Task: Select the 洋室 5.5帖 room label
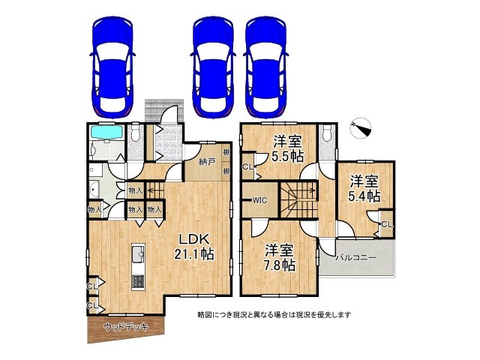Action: click(287, 148)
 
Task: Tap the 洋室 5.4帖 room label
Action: click(364, 188)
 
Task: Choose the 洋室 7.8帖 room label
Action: click(278, 258)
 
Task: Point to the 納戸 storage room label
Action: click(208, 161)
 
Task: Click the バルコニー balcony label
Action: click(355, 257)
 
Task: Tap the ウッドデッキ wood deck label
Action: click(125, 327)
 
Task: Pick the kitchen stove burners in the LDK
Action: click(139, 281)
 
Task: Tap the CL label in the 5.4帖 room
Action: click(385, 224)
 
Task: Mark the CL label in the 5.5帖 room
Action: click(247, 167)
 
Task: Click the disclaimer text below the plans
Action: click(274, 314)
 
